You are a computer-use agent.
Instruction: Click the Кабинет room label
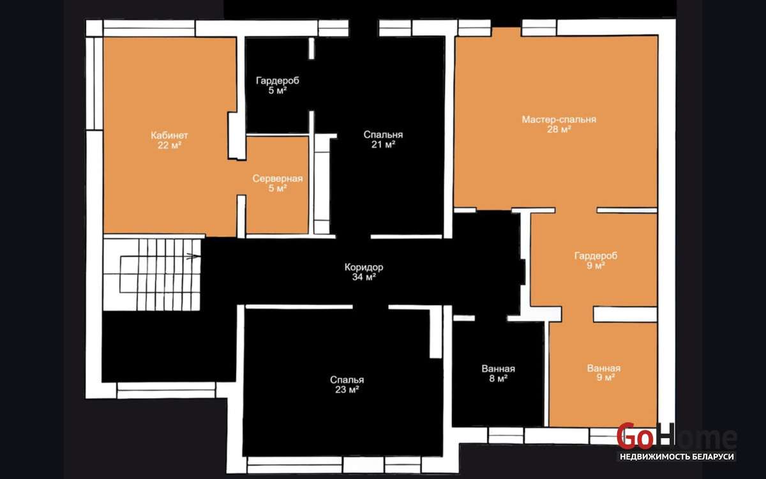click(x=169, y=135)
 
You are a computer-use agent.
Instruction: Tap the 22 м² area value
click(x=169, y=146)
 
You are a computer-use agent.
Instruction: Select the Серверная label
click(x=277, y=179)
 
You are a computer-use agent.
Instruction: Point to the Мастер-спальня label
click(x=559, y=120)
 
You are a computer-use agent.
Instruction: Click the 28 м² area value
click(x=559, y=129)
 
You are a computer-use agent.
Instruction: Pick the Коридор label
click(x=364, y=267)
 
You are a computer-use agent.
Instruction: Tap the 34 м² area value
click(x=364, y=277)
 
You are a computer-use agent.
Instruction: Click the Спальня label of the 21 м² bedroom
click(x=383, y=135)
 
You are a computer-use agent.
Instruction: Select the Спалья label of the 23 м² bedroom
click(x=347, y=380)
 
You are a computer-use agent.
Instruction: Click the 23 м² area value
click(x=347, y=390)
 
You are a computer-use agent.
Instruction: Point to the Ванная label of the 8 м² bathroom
click(x=499, y=369)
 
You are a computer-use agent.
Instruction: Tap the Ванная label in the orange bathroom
click(x=604, y=368)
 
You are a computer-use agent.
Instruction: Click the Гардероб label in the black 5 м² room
click(x=277, y=80)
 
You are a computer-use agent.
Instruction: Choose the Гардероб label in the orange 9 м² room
click(x=596, y=256)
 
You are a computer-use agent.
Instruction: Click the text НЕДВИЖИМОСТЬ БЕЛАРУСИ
click(x=677, y=457)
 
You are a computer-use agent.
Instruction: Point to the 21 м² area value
click(x=383, y=144)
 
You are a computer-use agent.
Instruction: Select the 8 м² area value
click(x=499, y=378)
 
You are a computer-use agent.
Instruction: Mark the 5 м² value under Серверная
click(x=277, y=188)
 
